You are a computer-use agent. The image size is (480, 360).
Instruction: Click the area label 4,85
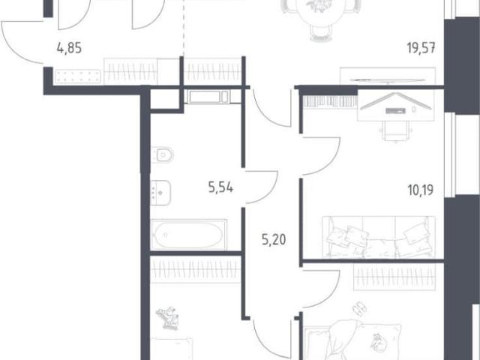[69, 48]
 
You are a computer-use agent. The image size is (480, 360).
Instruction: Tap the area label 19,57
[421, 48]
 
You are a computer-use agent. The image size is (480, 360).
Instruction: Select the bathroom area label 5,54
[220, 187]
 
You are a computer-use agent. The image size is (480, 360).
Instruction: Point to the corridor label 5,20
[274, 240]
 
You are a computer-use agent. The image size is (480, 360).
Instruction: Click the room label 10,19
[421, 190]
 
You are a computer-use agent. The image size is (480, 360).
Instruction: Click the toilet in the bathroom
[162, 155]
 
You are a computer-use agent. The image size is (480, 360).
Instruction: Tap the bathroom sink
[160, 193]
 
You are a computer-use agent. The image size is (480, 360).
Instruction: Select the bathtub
[188, 235]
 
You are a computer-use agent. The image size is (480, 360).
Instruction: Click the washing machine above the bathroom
[208, 97]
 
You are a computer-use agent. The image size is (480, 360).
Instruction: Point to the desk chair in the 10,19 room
[395, 130]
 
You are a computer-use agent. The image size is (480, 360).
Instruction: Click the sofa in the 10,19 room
[379, 237]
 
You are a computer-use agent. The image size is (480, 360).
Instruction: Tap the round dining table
[320, 12]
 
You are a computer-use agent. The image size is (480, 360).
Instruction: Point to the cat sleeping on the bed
[379, 341]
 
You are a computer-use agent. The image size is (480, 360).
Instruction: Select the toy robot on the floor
[167, 318]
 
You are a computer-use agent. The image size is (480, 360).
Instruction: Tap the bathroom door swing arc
[267, 188]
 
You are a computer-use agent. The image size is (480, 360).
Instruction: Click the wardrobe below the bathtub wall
[195, 270]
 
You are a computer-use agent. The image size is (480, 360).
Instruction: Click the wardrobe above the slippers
[394, 277]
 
